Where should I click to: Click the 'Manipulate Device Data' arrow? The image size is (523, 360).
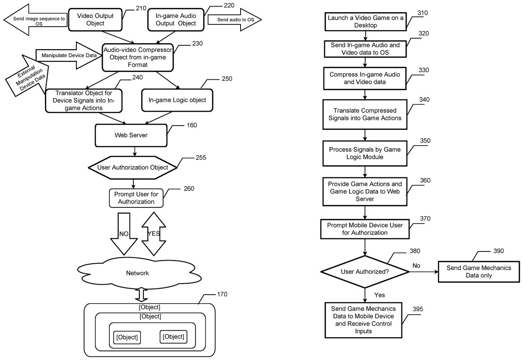[x=65, y=56]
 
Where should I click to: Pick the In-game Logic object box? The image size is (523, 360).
[x=177, y=100]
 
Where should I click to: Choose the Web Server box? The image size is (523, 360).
[x=131, y=136]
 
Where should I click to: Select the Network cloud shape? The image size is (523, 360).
[x=137, y=273]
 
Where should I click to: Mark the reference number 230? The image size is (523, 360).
[x=197, y=44]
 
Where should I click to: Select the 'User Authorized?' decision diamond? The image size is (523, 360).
[x=365, y=272]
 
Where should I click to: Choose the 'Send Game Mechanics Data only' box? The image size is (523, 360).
[x=479, y=272]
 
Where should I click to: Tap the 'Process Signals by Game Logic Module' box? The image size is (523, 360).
[x=365, y=153]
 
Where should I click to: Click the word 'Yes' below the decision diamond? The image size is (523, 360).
[x=380, y=295]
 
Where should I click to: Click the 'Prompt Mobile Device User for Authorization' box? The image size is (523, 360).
[x=365, y=229]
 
